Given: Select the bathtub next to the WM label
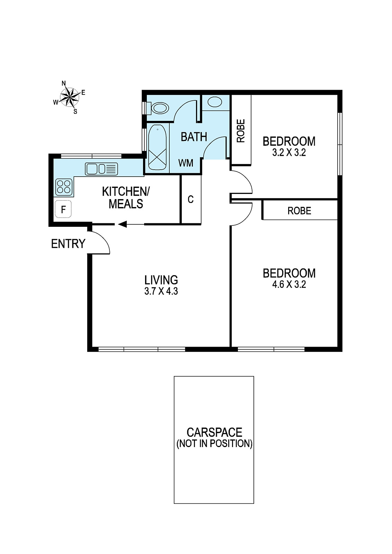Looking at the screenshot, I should (158, 147).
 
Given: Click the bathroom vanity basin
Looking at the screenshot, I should (215, 102).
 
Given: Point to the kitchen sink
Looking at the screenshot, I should (101, 169).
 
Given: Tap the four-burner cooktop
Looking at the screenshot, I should (64, 187).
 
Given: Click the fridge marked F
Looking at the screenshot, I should (63, 209).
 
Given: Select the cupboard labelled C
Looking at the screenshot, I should (190, 199).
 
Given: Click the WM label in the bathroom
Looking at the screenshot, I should (186, 163).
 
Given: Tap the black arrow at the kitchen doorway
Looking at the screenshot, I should (122, 225).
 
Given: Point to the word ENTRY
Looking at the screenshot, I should (68, 244).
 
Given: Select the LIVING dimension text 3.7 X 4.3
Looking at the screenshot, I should (161, 291).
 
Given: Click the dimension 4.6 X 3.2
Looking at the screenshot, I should (289, 285).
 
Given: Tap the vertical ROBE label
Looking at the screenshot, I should (241, 131).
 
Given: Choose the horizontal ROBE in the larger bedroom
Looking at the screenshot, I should (299, 211).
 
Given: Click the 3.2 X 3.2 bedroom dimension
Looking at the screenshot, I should (289, 153).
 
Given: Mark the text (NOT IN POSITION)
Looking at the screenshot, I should (214, 444).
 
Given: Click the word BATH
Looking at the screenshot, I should (194, 137).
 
